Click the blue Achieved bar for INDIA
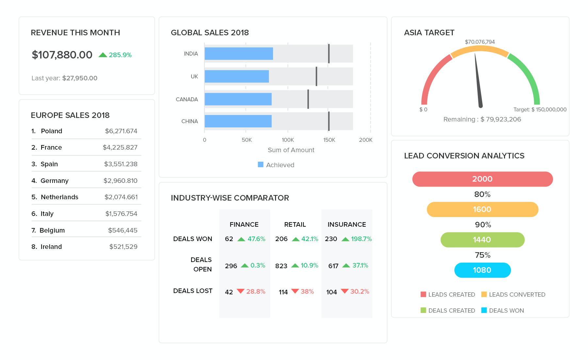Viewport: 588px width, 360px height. pos(238,54)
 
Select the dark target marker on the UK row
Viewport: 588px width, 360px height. pos(316,76)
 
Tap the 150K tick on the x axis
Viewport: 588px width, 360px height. pos(329,140)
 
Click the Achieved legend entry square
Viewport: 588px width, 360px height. pos(260,165)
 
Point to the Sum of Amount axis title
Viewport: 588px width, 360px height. pos(291,150)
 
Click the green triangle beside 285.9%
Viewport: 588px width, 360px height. pos(103,55)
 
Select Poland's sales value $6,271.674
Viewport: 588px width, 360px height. pos(121,131)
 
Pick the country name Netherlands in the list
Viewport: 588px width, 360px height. pos(59,197)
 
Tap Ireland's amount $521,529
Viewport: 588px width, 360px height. pos(123,247)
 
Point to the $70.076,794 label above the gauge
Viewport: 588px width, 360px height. pos(480,42)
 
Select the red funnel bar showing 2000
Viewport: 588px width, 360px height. pos(482,179)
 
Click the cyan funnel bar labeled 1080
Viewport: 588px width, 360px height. pos(482,270)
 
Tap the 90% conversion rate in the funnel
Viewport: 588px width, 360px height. pos(482,225)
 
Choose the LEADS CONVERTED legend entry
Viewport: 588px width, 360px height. pos(513,294)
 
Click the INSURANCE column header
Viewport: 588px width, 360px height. pos(347,224)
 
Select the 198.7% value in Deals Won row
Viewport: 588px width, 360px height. pos(361,239)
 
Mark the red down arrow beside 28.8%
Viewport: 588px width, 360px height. pos(240,291)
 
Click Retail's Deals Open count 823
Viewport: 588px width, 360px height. pos(281,266)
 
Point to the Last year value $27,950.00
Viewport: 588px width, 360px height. pos(80,78)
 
